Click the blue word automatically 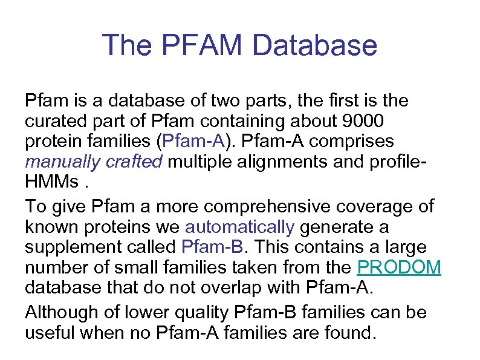pos(239,227)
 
